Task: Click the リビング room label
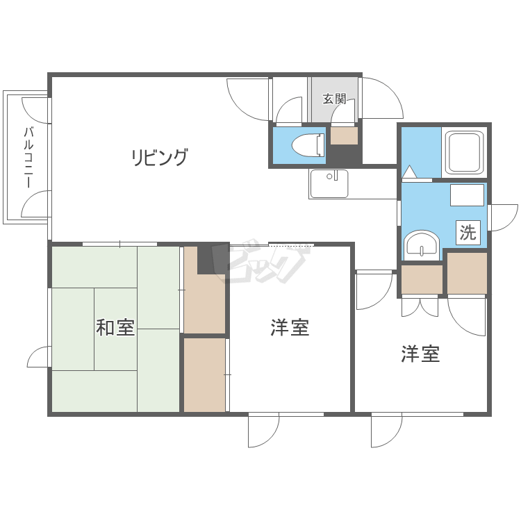click(160, 157)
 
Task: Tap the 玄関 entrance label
click(334, 99)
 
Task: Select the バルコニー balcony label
click(28, 157)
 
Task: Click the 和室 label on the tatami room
click(115, 327)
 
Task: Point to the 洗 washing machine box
click(468, 232)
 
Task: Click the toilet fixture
click(308, 145)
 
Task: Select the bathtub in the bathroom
click(465, 153)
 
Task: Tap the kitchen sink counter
click(329, 183)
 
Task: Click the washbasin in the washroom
click(422, 245)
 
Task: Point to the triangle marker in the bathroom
click(409, 172)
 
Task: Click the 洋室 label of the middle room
click(290, 327)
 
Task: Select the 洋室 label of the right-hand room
click(420, 354)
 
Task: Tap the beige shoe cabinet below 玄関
click(344, 136)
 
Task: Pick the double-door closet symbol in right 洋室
click(420, 307)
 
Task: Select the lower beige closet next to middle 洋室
click(205, 375)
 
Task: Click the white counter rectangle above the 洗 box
click(467, 195)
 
